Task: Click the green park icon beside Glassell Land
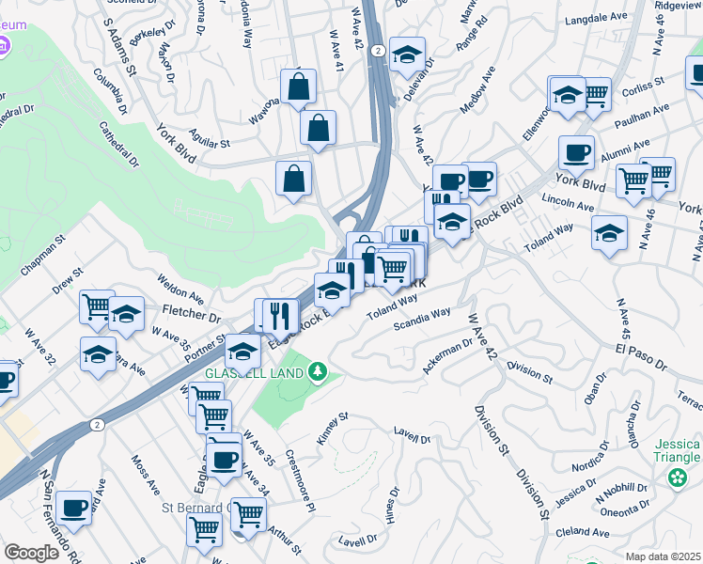319,373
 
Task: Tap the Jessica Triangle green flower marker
677,479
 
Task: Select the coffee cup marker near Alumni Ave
575,152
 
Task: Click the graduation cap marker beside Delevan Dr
407,55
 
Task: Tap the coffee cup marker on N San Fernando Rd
73,509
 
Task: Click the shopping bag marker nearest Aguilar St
318,127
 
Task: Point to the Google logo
31,553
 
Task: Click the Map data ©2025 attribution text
663,556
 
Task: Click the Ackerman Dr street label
447,356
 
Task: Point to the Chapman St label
43,257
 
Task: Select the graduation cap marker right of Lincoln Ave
609,232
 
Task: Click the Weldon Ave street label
181,283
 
